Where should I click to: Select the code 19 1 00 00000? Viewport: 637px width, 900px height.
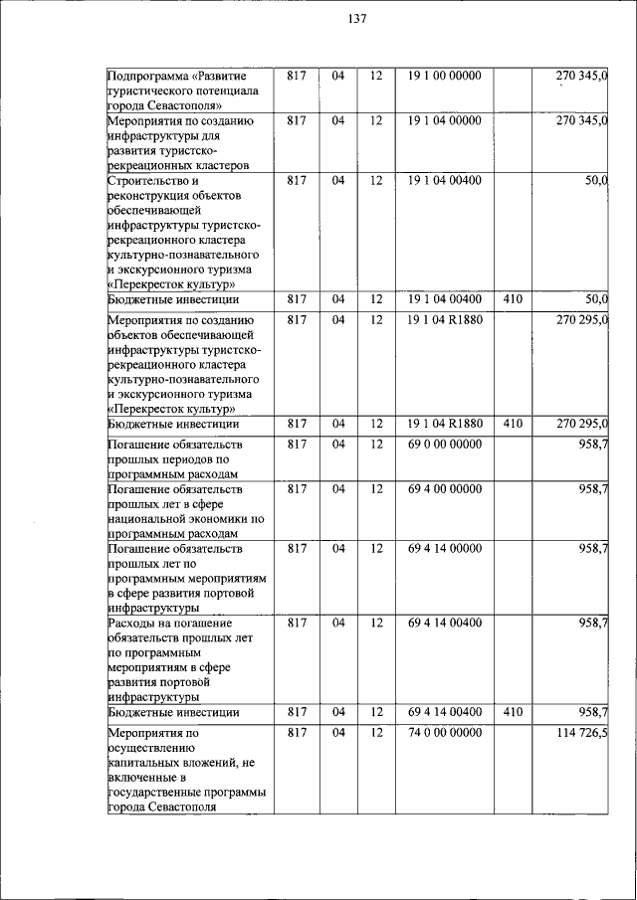point(444,76)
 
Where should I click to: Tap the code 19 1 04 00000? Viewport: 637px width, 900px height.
point(444,120)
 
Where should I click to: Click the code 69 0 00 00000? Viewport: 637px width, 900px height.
point(444,444)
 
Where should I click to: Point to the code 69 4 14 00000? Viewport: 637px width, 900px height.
point(444,548)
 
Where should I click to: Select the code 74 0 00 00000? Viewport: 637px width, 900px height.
point(444,732)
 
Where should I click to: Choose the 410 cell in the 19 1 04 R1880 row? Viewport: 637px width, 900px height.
point(513,424)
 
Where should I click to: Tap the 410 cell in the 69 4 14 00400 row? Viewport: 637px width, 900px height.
point(513,712)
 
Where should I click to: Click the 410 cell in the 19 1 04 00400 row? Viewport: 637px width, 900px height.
point(513,299)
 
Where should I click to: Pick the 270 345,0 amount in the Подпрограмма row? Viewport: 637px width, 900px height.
point(582,76)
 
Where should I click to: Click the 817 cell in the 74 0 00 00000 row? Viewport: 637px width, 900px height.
point(295,732)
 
